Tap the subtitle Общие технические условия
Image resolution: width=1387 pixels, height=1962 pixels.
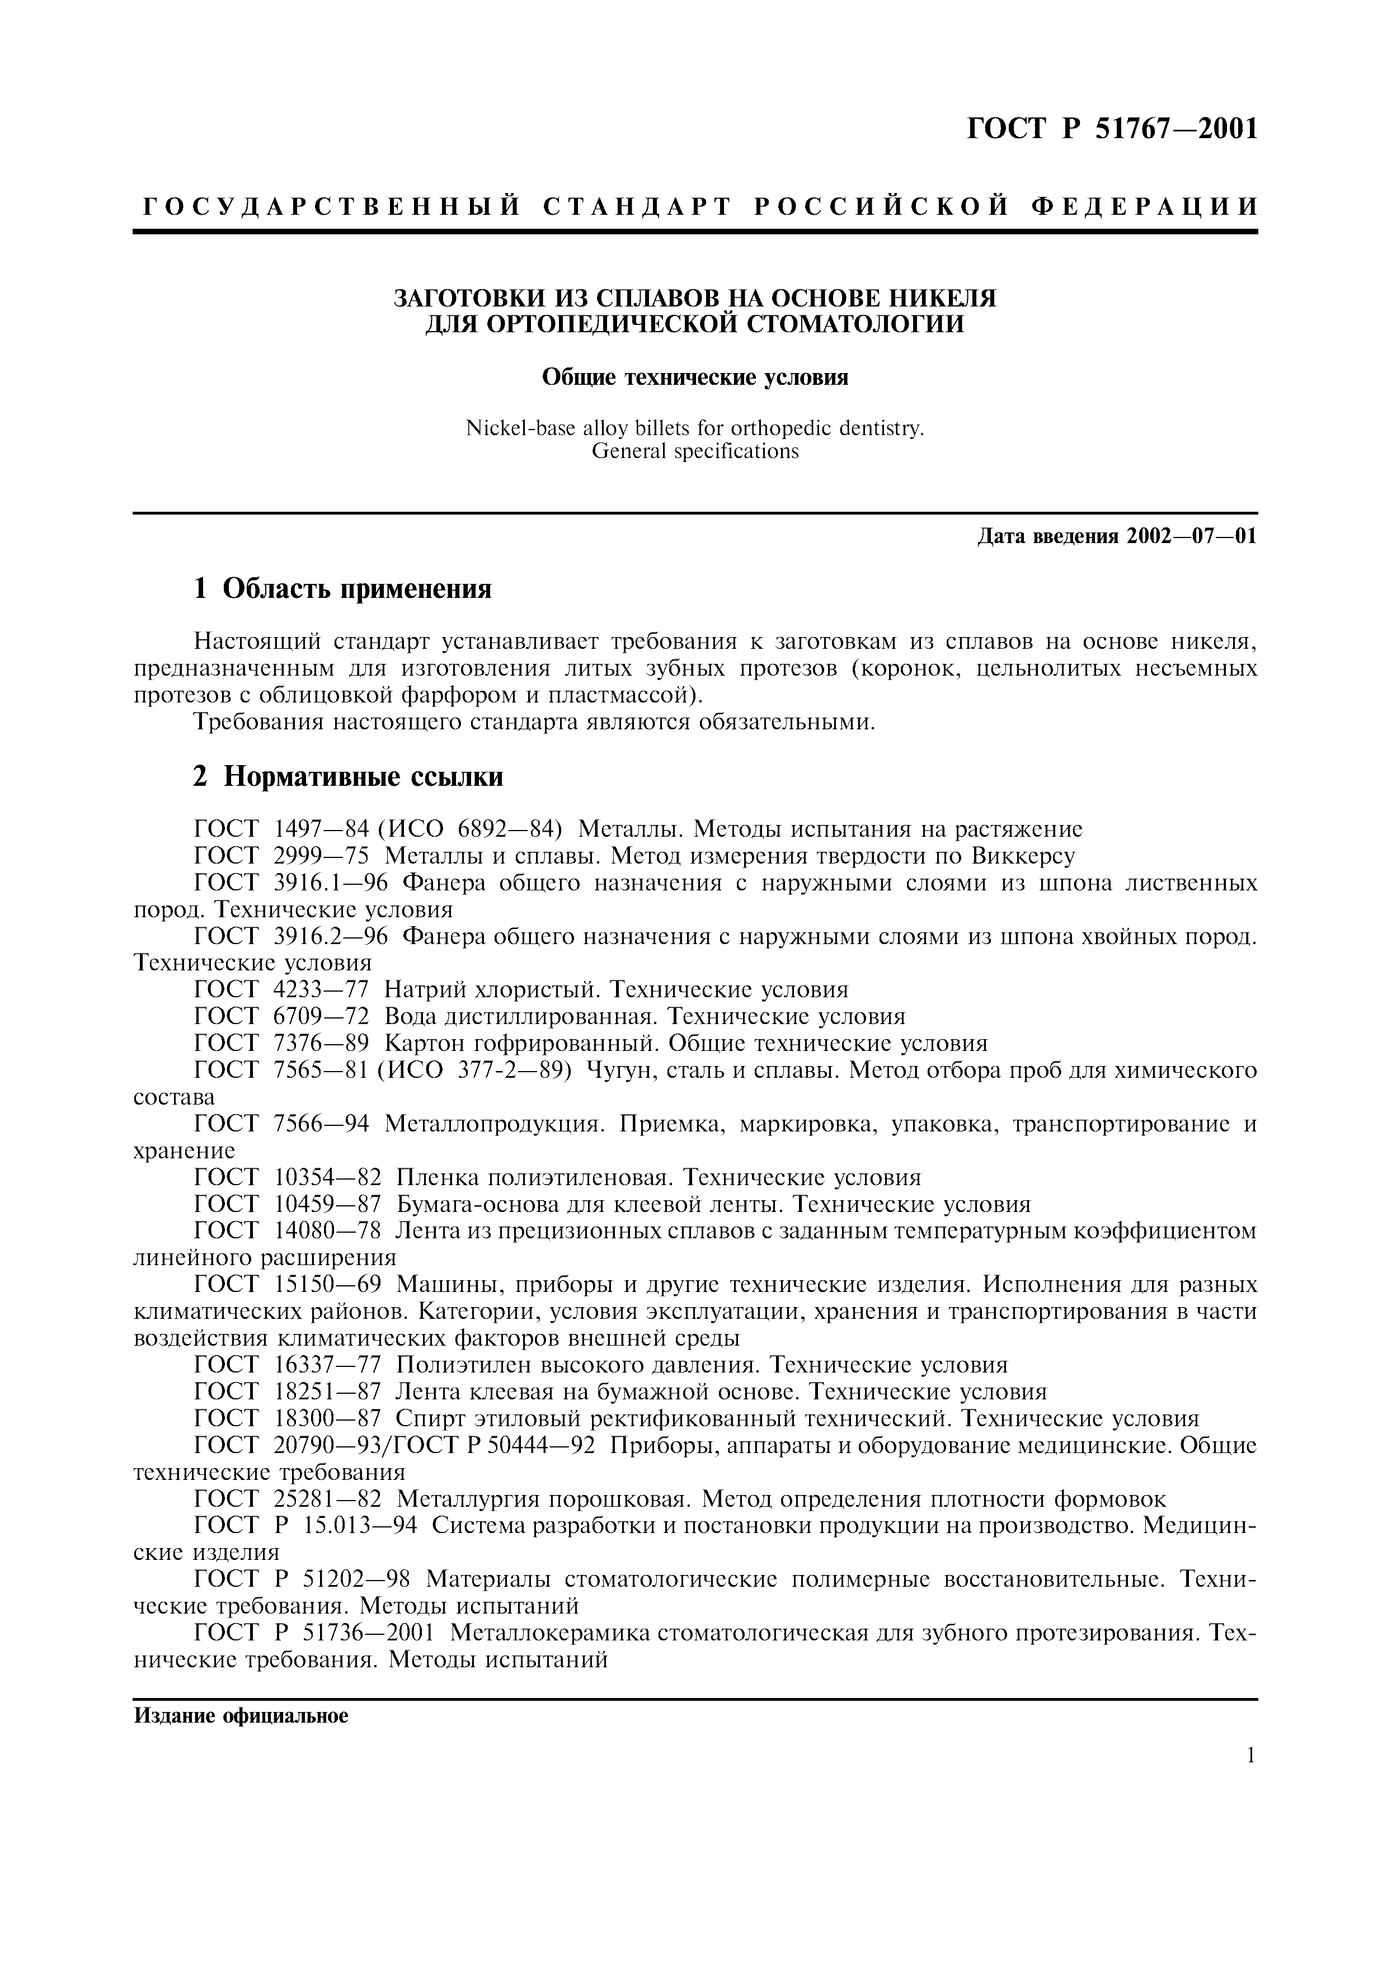pos(695,377)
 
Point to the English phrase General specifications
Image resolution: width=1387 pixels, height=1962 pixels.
pos(695,451)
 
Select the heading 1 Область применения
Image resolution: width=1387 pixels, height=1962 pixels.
pos(342,589)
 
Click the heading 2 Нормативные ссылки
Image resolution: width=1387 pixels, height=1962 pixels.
pos(348,776)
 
